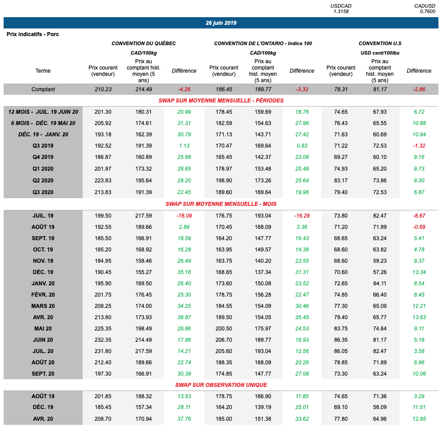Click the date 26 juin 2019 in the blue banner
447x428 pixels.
point(221,23)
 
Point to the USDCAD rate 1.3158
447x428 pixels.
point(341,11)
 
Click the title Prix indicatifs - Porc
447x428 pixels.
point(33,34)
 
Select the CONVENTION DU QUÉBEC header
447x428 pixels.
point(144,43)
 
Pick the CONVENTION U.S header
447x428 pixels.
point(380,43)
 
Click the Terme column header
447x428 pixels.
point(43,71)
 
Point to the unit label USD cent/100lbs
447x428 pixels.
point(380,53)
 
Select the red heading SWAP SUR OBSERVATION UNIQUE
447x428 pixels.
point(221,385)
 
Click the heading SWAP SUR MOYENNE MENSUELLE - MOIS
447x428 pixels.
point(221,204)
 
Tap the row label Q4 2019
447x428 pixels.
point(43,157)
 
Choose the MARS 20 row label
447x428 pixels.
point(43,306)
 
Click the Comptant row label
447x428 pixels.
point(43,89)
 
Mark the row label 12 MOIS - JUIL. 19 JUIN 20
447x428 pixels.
point(43,112)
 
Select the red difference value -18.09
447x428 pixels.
point(184,216)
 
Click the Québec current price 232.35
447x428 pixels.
point(103,340)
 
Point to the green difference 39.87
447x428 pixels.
point(184,317)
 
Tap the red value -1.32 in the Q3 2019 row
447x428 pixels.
point(419,146)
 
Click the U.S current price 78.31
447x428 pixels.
point(340,89)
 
